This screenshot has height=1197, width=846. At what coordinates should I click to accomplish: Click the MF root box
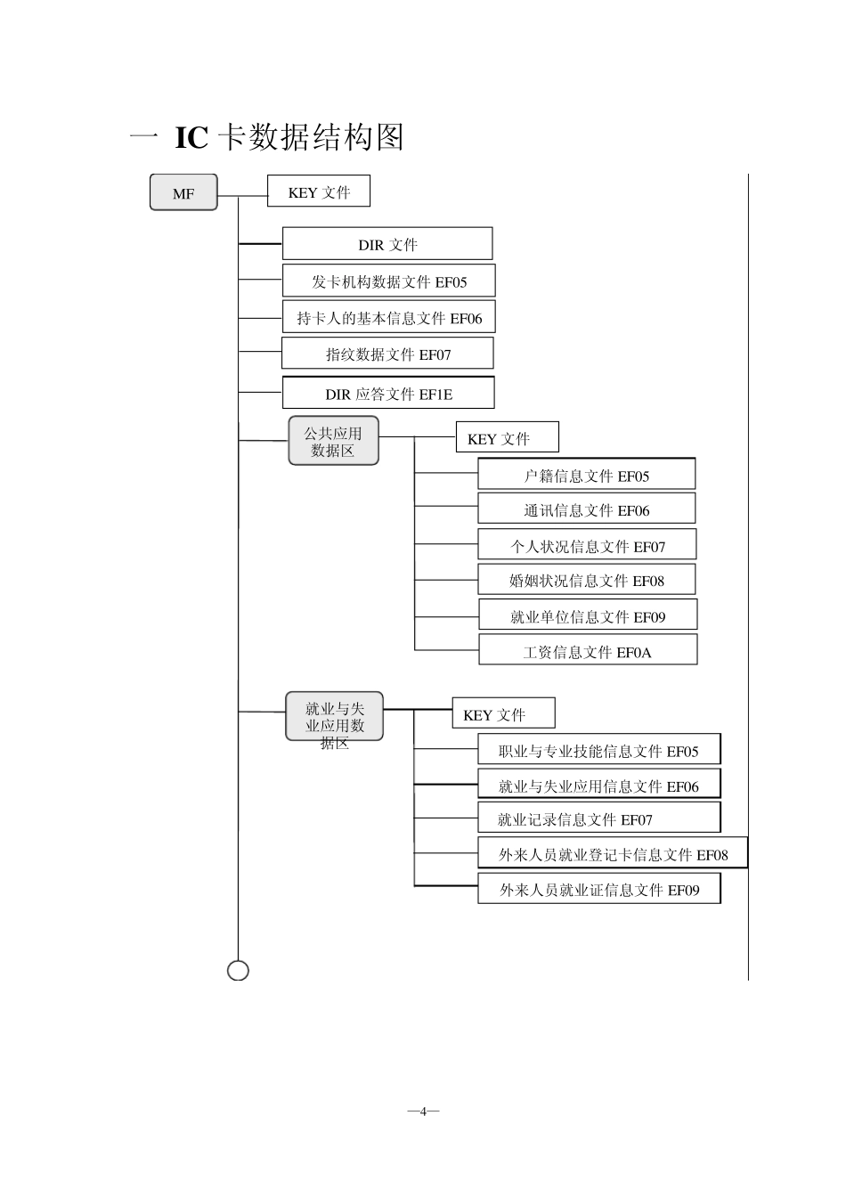[x=183, y=192]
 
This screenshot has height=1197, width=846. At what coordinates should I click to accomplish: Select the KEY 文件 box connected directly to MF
[x=318, y=191]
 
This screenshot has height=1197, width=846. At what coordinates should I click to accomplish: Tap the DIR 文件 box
[x=387, y=244]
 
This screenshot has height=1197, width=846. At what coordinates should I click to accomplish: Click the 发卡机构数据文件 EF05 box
[x=388, y=281]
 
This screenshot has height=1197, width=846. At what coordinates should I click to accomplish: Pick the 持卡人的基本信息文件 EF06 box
[x=388, y=318]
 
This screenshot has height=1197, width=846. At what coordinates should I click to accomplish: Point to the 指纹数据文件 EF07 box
[x=387, y=354]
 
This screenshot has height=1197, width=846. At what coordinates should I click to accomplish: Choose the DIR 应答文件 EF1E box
[x=388, y=393]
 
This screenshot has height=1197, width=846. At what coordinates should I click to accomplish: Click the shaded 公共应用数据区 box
[x=333, y=441]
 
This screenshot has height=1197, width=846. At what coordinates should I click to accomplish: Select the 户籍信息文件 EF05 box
[x=586, y=475]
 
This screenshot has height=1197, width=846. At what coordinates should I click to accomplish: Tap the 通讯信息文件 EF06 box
[x=586, y=509]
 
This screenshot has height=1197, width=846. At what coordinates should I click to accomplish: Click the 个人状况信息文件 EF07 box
[x=587, y=545]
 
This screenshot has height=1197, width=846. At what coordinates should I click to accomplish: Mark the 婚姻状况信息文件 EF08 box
[x=586, y=580]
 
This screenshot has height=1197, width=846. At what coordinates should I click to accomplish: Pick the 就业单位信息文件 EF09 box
[x=588, y=615]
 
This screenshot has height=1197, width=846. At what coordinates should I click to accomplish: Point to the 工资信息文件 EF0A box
[x=588, y=651]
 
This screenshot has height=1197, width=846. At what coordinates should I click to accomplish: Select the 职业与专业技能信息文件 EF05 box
[x=598, y=750]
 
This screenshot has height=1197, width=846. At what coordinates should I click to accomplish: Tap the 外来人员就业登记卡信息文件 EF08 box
[x=613, y=853]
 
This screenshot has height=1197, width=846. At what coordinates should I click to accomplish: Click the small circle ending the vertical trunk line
[x=239, y=970]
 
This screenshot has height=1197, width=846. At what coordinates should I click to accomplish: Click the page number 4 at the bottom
[x=424, y=1111]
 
